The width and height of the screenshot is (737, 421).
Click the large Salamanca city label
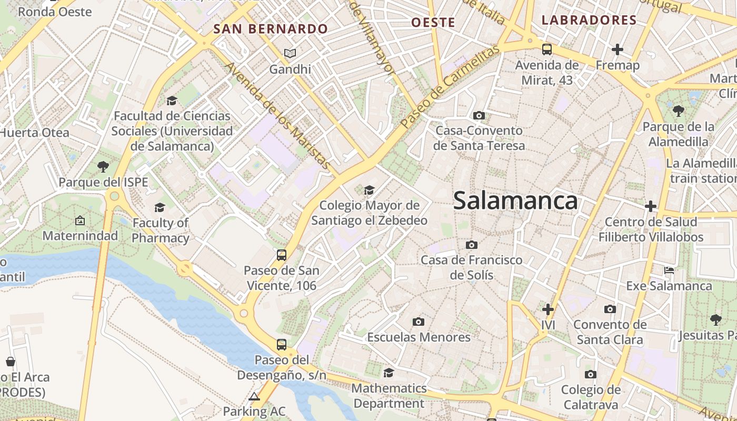click(515, 201)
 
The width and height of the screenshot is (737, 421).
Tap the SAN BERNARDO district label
click(271, 29)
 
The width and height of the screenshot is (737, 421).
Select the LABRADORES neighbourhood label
click(589, 21)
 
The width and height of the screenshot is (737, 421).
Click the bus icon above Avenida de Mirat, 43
click(547, 49)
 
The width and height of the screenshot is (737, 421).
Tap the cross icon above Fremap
click(618, 49)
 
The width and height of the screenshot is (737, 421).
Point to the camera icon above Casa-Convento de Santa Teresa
click(479, 115)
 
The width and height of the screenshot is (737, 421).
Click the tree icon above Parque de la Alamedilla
click(679, 111)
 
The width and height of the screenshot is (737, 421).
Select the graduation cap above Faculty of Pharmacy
click(160, 207)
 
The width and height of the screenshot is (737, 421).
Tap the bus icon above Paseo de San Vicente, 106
click(282, 255)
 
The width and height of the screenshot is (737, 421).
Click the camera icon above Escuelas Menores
click(419, 322)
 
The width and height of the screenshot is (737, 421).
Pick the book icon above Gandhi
click(290, 53)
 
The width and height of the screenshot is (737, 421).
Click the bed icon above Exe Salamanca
click(669, 270)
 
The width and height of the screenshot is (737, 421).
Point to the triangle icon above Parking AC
click(254, 396)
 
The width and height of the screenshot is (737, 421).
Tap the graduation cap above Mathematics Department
click(389, 373)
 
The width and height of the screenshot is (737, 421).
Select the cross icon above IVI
click(548, 309)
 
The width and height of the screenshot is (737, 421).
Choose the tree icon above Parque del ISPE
click(103, 167)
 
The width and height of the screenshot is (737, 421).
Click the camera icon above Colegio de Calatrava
click(591, 374)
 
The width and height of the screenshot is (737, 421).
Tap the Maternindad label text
click(80, 235)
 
